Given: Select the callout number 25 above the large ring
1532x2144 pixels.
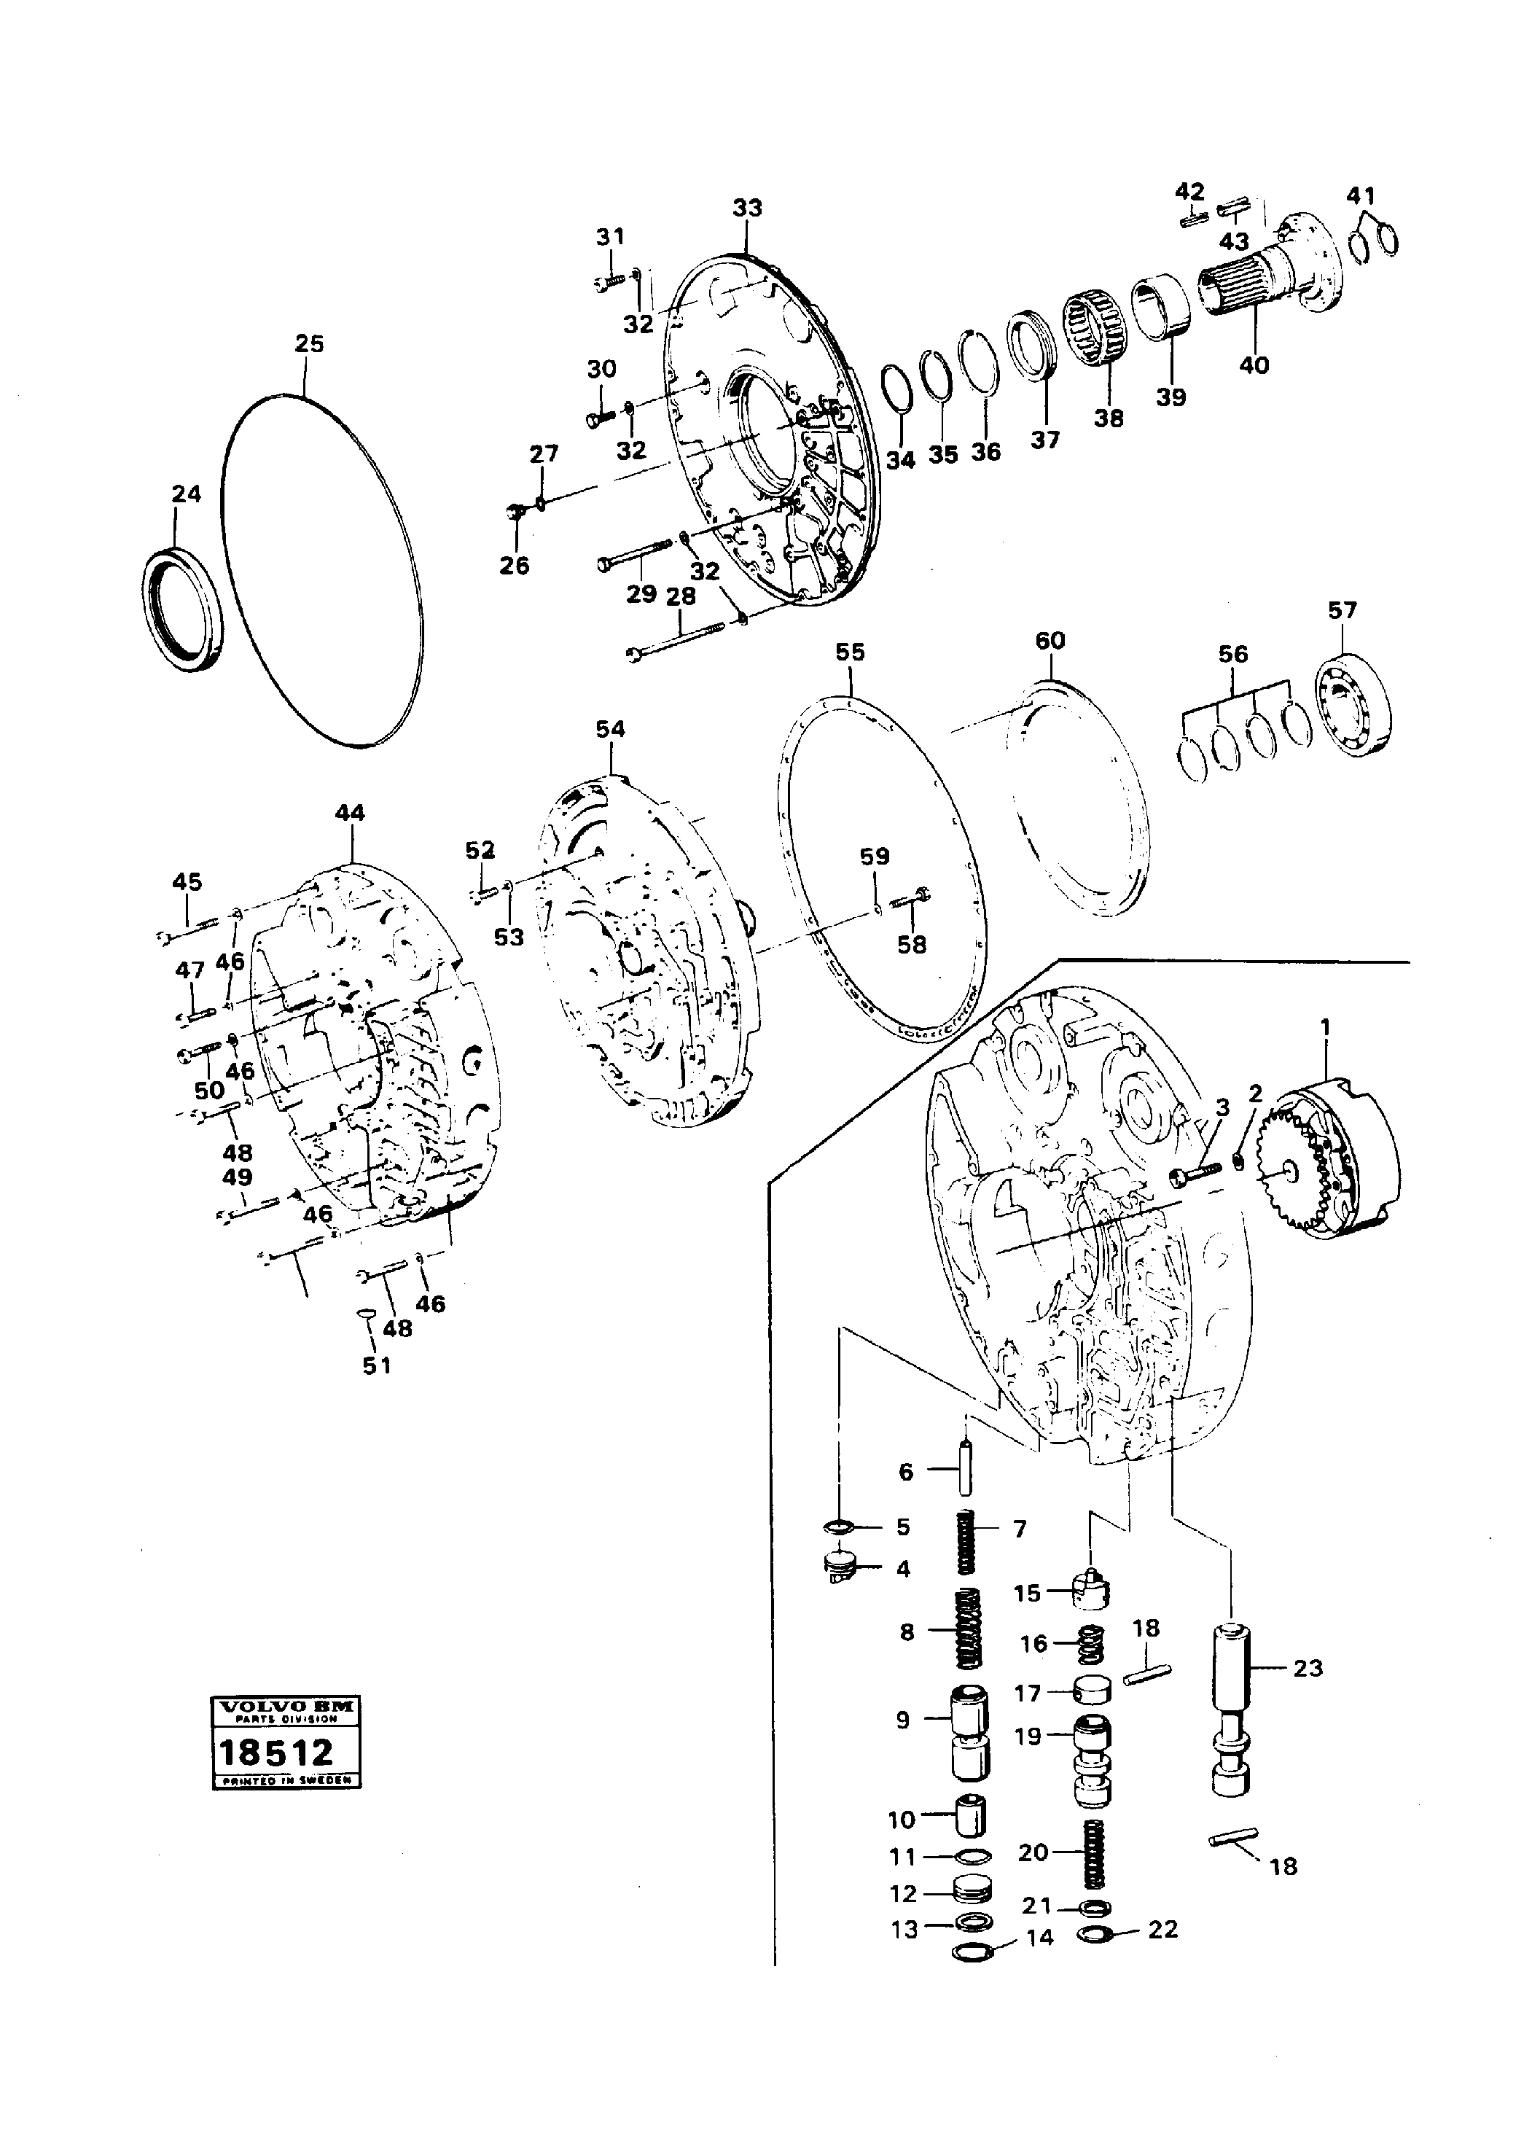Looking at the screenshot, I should (308, 343).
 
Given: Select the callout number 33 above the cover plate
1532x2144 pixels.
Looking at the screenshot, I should (746, 208).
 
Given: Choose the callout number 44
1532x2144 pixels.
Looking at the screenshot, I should (350, 813).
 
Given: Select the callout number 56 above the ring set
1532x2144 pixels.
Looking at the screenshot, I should (1232, 654).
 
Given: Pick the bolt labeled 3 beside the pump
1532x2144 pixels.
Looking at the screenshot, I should (1195, 1173).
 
